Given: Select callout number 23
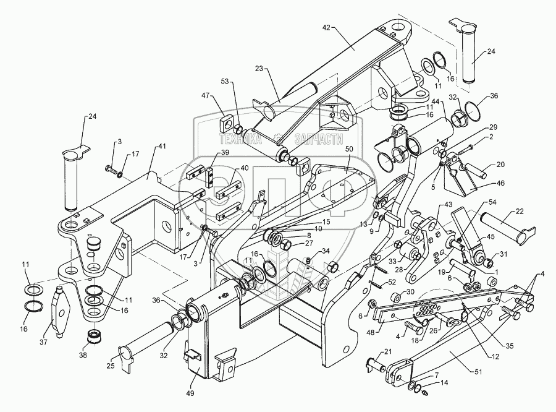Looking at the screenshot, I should point(258,69).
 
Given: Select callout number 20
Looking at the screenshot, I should point(500,166).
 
